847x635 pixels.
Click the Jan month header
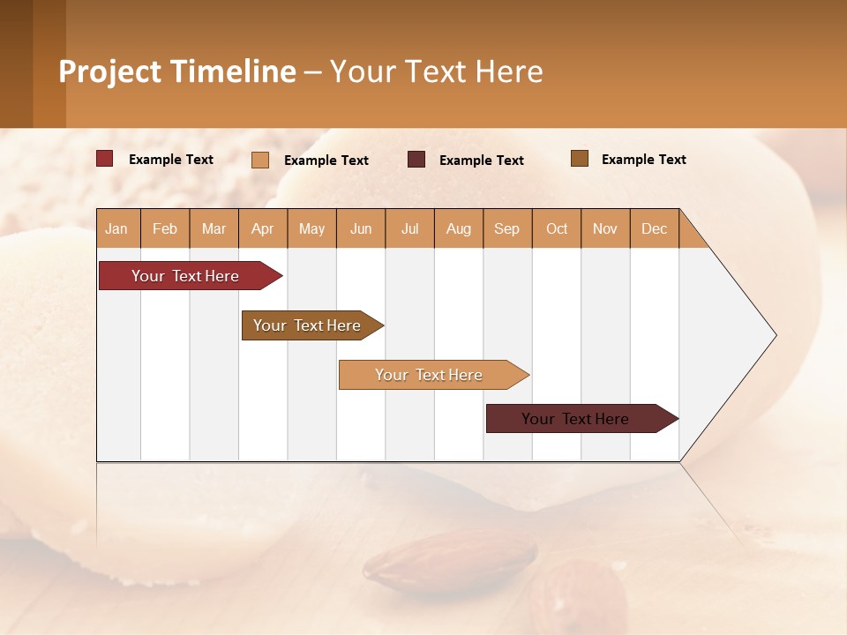click(x=117, y=228)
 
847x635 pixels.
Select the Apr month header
click(x=263, y=228)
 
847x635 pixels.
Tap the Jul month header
click(x=410, y=228)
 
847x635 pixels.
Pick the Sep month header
click(x=507, y=228)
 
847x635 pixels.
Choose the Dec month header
click(x=654, y=228)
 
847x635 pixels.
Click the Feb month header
click(x=165, y=228)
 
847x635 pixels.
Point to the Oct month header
click(x=557, y=228)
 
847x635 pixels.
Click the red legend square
click(x=105, y=159)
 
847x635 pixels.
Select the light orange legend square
click(x=260, y=160)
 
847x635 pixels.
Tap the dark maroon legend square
click(x=416, y=160)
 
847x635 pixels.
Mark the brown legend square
click(x=580, y=159)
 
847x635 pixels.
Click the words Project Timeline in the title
click(x=177, y=71)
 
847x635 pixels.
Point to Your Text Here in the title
click(x=436, y=71)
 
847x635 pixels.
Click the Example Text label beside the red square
click(x=171, y=160)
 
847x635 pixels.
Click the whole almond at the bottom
click(x=450, y=560)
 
